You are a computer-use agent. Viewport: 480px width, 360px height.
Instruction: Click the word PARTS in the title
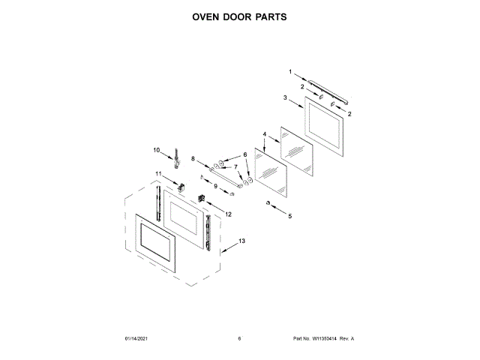tap(268, 16)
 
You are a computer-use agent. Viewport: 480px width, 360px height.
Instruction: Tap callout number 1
tap(291, 72)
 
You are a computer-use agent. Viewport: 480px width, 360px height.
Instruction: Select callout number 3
tap(286, 98)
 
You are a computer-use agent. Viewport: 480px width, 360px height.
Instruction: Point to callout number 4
tap(265, 134)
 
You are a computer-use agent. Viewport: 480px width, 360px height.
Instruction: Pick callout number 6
tap(244, 155)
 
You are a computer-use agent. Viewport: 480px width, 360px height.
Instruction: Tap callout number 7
tap(235, 167)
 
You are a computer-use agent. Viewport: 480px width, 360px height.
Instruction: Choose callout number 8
tap(193, 159)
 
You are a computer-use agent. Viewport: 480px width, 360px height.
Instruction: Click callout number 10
tap(157, 150)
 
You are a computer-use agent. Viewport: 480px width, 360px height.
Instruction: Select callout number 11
tap(158, 174)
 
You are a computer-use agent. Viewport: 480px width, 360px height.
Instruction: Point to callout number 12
tap(228, 214)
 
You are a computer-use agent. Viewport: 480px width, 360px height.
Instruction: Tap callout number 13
tap(241, 241)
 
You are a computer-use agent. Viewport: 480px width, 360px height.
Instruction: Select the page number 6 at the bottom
tap(239, 339)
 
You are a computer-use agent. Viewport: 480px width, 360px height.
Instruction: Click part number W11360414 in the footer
tap(323, 339)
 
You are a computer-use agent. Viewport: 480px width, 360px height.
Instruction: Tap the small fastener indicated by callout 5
tap(267, 203)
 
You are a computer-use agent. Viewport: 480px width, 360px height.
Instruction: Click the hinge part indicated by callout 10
tap(177, 156)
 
